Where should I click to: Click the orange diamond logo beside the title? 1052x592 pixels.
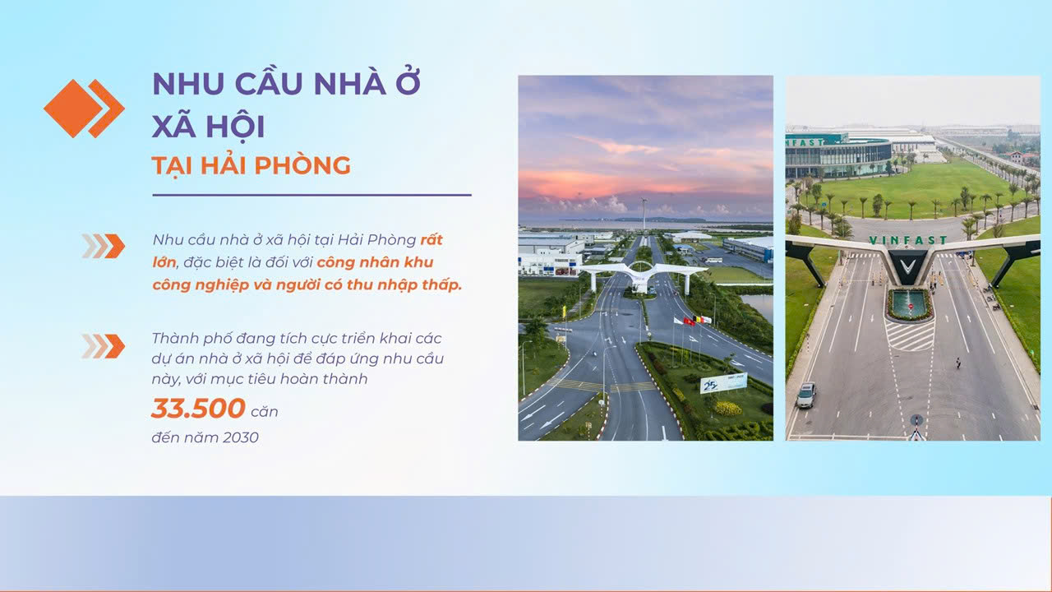click(84, 109)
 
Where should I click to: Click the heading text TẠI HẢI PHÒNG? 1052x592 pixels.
click(251, 166)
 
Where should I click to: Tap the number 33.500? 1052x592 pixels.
click(198, 408)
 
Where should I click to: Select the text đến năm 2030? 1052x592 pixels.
click(205, 437)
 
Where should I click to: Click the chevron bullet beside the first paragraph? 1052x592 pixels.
click(104, 246)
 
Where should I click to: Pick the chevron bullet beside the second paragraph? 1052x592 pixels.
click(104, 346)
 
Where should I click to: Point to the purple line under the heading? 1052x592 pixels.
click(311, 195)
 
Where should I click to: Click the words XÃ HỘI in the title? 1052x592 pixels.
click(209, 126)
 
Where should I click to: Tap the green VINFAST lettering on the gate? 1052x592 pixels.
click(908, 240)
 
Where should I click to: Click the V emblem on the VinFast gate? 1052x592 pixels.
click(908, 267)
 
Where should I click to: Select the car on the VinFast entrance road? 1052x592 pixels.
click(806, 395)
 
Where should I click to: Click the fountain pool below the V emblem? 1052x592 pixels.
click(910, 304)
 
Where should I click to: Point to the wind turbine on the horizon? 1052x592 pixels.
click(644, 214)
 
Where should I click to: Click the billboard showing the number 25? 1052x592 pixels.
click(723, 383)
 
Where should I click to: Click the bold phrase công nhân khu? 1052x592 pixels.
click(375, 262)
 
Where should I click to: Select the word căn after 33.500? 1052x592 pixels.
click(265, 412)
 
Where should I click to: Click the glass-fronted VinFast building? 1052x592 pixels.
click(839, 156)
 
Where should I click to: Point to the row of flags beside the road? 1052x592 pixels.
click(693, 321)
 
